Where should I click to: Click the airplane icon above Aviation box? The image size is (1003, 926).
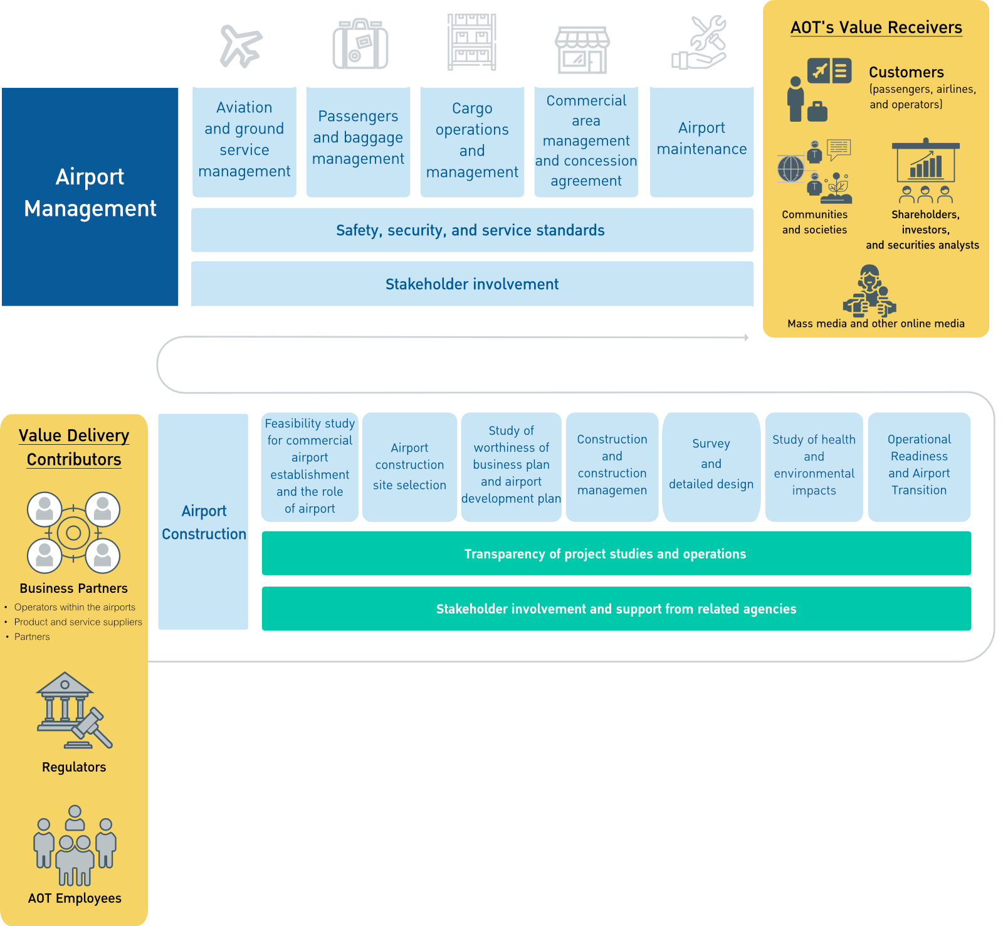(x=241, y=46)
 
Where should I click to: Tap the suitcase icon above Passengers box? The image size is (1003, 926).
(x=360, y=45)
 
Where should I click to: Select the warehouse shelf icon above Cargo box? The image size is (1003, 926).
(x=472, y=42)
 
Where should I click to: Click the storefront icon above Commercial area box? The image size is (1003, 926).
(x=582, y=50)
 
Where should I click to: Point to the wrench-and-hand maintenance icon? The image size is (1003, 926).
(x=700, y=43)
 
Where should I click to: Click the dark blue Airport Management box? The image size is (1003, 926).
(x=90, y=196)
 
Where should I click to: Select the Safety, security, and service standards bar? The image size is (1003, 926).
(x=471, y=230)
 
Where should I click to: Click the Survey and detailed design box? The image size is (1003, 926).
(x=711, y=466)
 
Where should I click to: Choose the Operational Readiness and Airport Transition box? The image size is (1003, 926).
(x=919, y=466)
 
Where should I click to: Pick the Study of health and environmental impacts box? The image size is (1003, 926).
(x=814, y=466)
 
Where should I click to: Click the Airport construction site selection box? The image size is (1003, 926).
(x=409, y=466)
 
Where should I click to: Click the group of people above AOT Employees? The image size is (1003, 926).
(x=75, y=845)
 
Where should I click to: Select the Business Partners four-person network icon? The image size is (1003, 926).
(x=73, y=533)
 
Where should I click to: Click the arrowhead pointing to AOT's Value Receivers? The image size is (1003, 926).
(x=747, y=338)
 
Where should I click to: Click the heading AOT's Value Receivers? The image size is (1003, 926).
(x=876, y=28)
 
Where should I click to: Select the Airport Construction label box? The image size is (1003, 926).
(x=203, y=521)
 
